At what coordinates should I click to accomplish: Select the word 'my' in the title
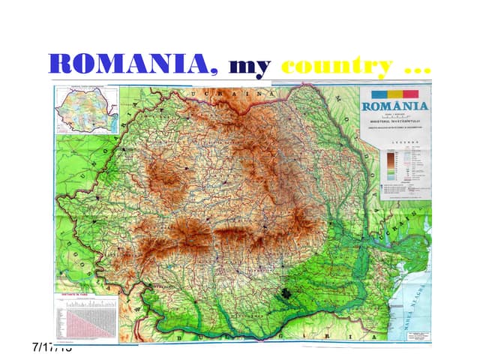249,67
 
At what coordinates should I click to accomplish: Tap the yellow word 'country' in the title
337,67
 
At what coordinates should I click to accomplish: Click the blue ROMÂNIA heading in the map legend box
395,105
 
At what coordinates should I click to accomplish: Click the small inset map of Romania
86,109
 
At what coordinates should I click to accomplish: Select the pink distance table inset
86,319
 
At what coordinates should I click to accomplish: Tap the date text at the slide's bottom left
52,346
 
